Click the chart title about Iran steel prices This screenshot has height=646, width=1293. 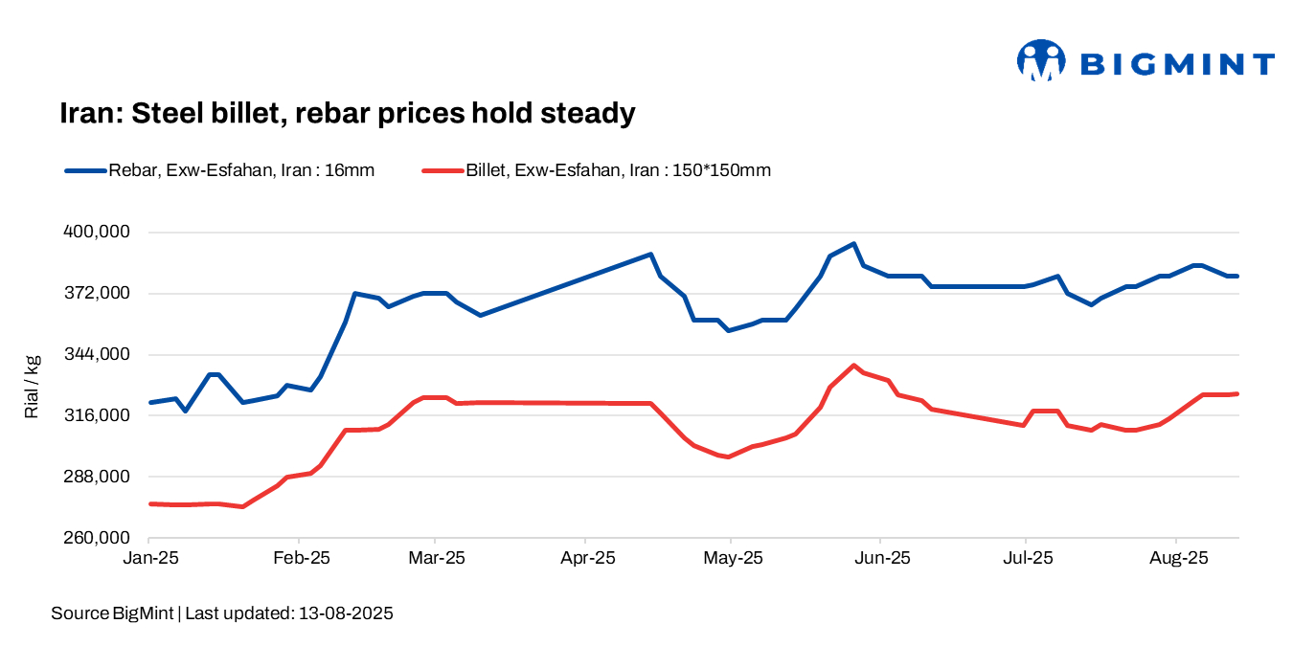pyautogui.click(x=348, y=113)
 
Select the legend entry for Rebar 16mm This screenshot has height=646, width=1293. pyautogui.click(x=219, y=170)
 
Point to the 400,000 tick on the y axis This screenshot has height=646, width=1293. pyautogui.click(x=95, y=233)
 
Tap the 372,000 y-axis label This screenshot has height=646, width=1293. pyautogui.click(x=95, y=294)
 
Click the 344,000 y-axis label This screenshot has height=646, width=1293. pyautogui.click(x=95, y=355)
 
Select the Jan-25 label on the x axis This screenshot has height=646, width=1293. pyautogui.click(x=150, y=557)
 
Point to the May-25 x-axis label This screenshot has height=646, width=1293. pyautogui.click(x=731, y=557)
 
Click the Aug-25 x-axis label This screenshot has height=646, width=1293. pyautogui.click(x=1177, y=557)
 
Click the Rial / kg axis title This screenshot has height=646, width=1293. pyautogui.click(x=32, y=387)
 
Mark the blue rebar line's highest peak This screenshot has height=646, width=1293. pyautogui.click(x=853, y=244)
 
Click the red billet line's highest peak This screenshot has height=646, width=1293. pyautogui.click(x=853, y=366)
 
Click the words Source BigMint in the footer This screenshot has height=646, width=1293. pyautogui.click(x=112, y=613)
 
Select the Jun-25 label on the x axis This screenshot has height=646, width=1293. pyautogui.click(x=881, y=557)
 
